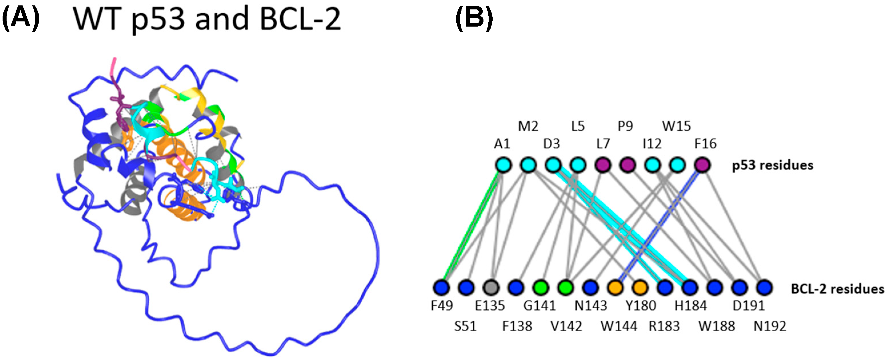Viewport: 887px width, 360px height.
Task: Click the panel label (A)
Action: click(21, 19)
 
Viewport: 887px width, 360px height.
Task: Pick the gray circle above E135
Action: click(491, 287)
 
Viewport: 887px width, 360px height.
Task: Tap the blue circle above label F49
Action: click(442, 287)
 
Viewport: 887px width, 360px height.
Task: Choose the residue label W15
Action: click(676, 127)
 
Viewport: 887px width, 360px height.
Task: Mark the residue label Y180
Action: click(641, 305)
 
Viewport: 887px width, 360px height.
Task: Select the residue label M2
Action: click(528, 127)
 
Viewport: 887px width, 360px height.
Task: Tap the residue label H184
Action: click(691, 305)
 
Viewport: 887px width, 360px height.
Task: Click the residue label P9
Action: click(625, 127)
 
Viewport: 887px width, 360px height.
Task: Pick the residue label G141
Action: click(539, 305)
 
